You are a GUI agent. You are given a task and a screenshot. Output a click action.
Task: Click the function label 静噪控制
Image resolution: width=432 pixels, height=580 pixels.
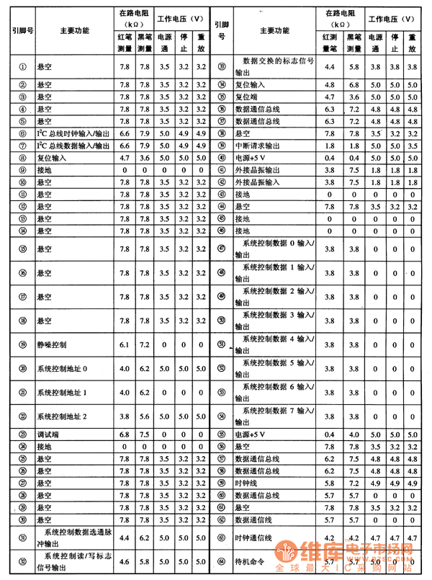click(51, 345)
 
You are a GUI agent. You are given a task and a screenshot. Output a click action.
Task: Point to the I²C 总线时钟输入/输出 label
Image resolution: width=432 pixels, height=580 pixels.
click(73, 133)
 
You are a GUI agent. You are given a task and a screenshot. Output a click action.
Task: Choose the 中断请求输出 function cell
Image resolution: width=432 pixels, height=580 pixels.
click(260, 145)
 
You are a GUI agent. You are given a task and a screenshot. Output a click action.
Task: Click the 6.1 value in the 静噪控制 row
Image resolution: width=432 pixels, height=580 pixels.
click(124, 345)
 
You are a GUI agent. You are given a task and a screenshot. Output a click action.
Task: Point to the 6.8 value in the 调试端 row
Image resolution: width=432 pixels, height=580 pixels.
click(124, 434)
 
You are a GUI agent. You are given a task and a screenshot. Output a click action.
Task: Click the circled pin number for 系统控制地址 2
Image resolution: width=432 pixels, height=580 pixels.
click(22, 416)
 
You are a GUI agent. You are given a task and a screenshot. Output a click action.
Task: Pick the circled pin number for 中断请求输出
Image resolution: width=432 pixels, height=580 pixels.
click(222, 145)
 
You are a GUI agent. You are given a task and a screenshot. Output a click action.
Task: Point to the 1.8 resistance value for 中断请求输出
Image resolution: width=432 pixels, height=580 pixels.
click(330, 145)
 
